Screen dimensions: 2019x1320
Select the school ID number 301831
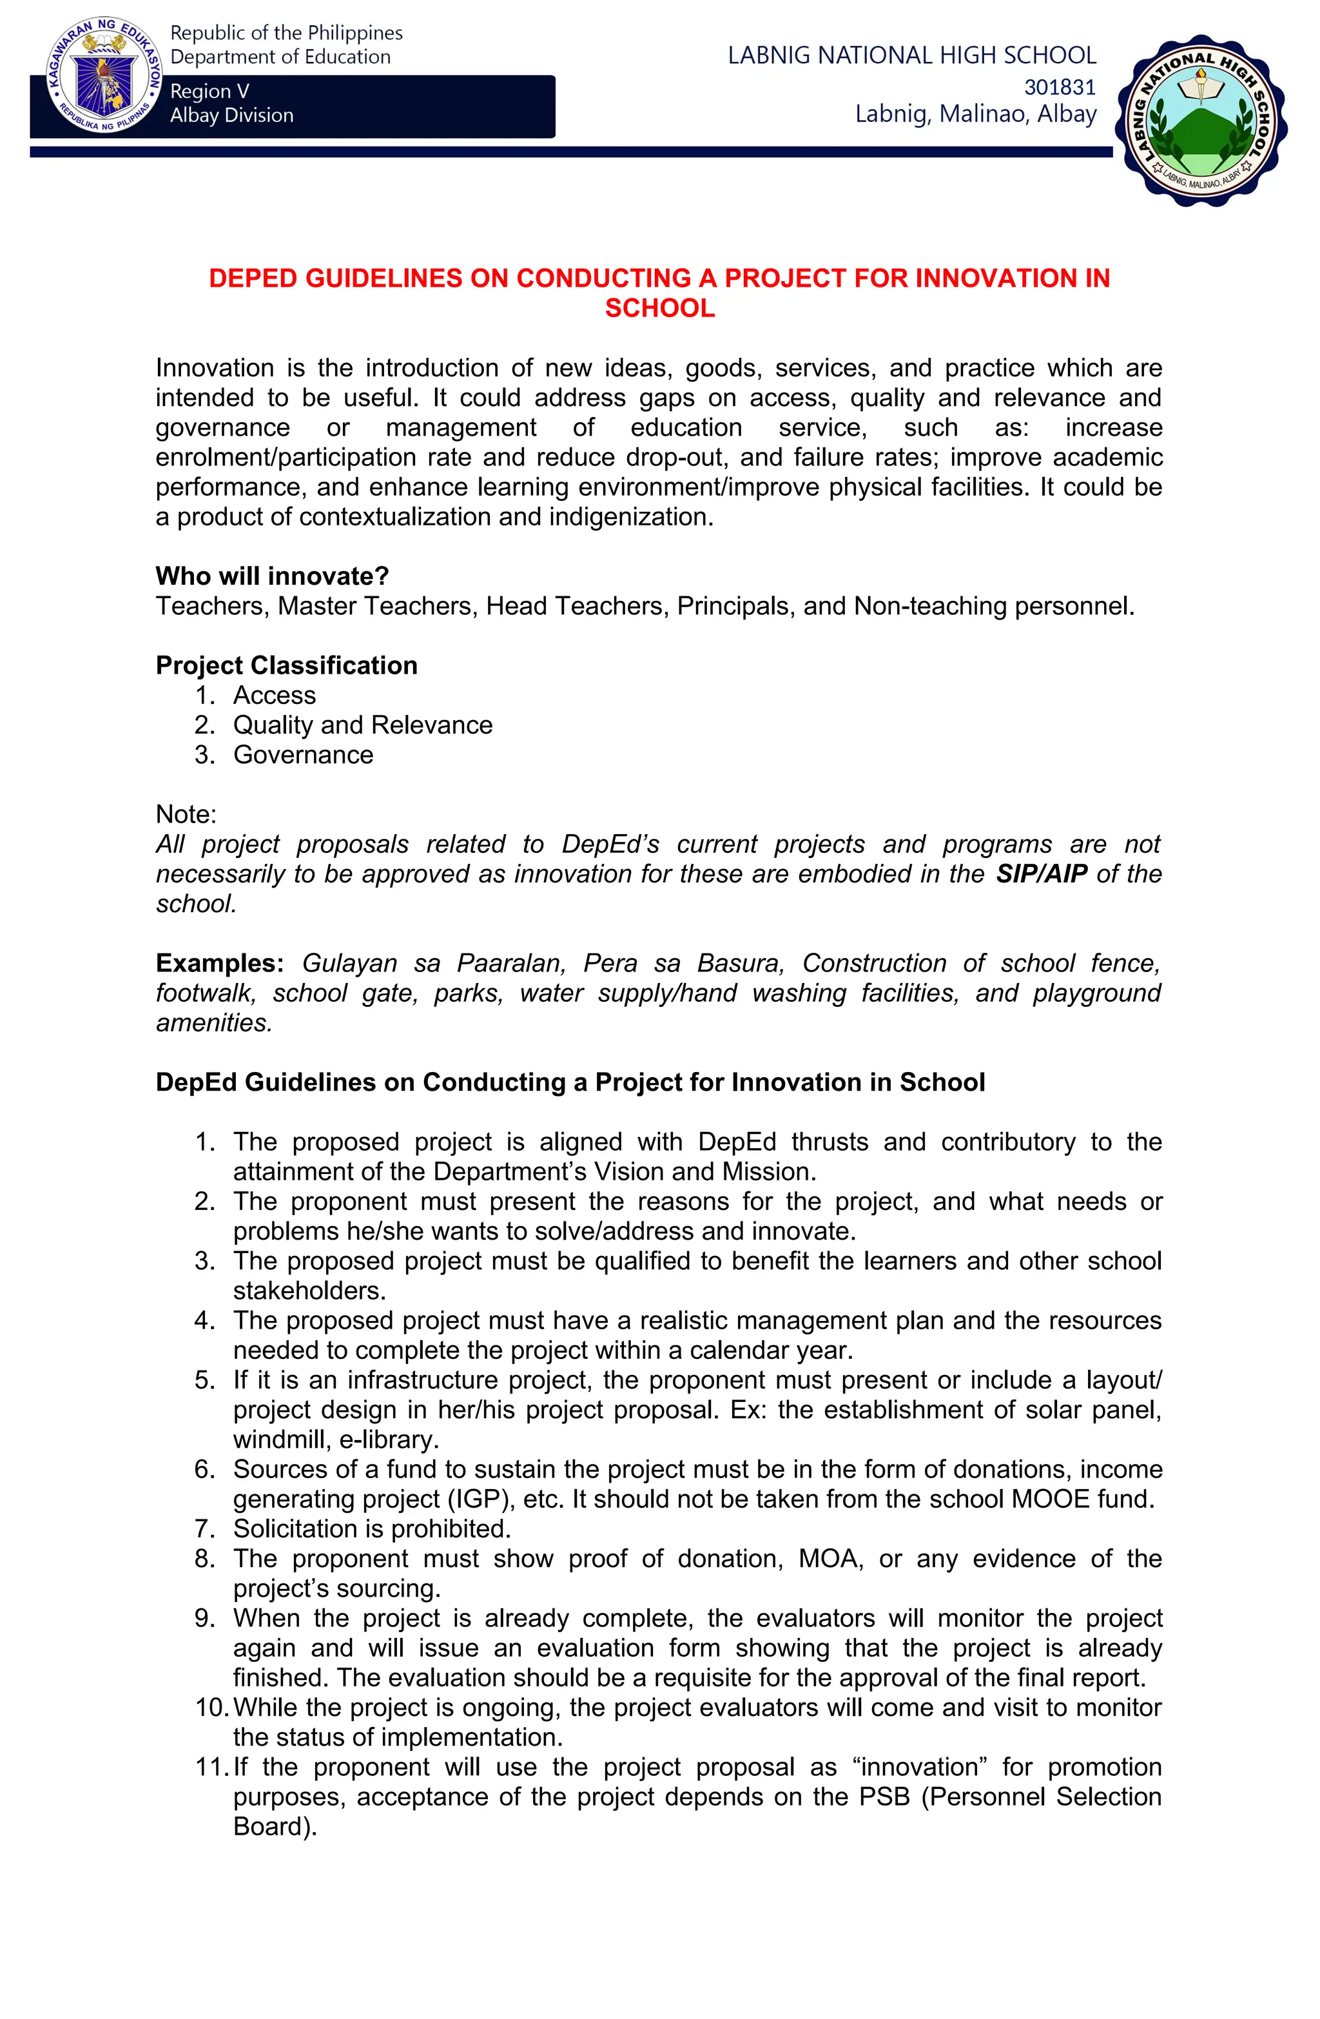[x=1060, y=86]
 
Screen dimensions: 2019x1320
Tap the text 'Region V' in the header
[x=209, y=91]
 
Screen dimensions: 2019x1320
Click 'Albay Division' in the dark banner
[x=231, y=115]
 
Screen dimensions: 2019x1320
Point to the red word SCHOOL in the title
[x=659, y=308]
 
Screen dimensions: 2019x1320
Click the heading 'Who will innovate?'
[x=272, y=576]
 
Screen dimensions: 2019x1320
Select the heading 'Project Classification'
[x=287, y=665]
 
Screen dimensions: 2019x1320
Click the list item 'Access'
[x=274, y=695]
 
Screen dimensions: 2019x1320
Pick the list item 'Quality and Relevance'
[x=362, y=725]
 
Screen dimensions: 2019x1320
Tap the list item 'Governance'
[x=303, y=754]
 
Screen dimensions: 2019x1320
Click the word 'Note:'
[x=186, y=814]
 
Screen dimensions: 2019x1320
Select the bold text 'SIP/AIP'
[x=1041, y=873]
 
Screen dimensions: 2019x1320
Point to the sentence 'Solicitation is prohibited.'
[x=371, y=1528]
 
